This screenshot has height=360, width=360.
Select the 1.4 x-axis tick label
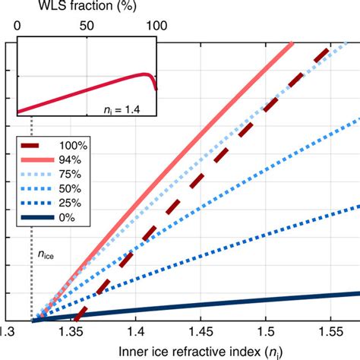pyautogui.click(x=136, y=333)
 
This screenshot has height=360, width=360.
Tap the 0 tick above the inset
pyautogui.click(x=17, y=26)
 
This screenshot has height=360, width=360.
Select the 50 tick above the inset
pyautogui.click(x=87, y=26)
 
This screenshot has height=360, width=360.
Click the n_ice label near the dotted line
pyautogui.click(x=47, y=255)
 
